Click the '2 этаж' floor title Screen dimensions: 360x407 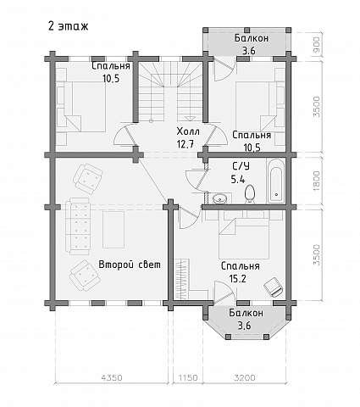tap(69, 26)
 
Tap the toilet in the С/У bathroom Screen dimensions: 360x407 tap(250, 194)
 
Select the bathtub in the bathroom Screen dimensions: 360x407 tap(275, 181)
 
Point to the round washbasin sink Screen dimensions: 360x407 tap(219, 198)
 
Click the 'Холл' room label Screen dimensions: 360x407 tap(188, 131)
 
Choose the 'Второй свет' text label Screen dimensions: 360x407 tap(130, 265)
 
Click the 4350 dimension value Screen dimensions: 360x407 tap(112, 377)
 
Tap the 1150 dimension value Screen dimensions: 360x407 tap(188, 377)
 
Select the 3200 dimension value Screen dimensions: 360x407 tap(245, 377)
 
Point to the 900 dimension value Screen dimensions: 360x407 tap(317, 45)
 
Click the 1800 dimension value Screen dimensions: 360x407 tap(317, 181)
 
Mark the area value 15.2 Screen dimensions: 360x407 tap(238, 279)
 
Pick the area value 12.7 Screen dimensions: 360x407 tap(186, 144)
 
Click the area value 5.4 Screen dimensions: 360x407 tap(238, 179)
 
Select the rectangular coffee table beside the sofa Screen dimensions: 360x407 tap(114, 230)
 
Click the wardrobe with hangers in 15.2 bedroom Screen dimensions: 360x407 tap(182, 279)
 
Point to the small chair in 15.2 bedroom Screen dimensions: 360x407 tap(273, 287)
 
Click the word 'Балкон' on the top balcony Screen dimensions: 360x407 tap(252, 38)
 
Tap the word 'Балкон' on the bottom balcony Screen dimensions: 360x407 tap(246, 313)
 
